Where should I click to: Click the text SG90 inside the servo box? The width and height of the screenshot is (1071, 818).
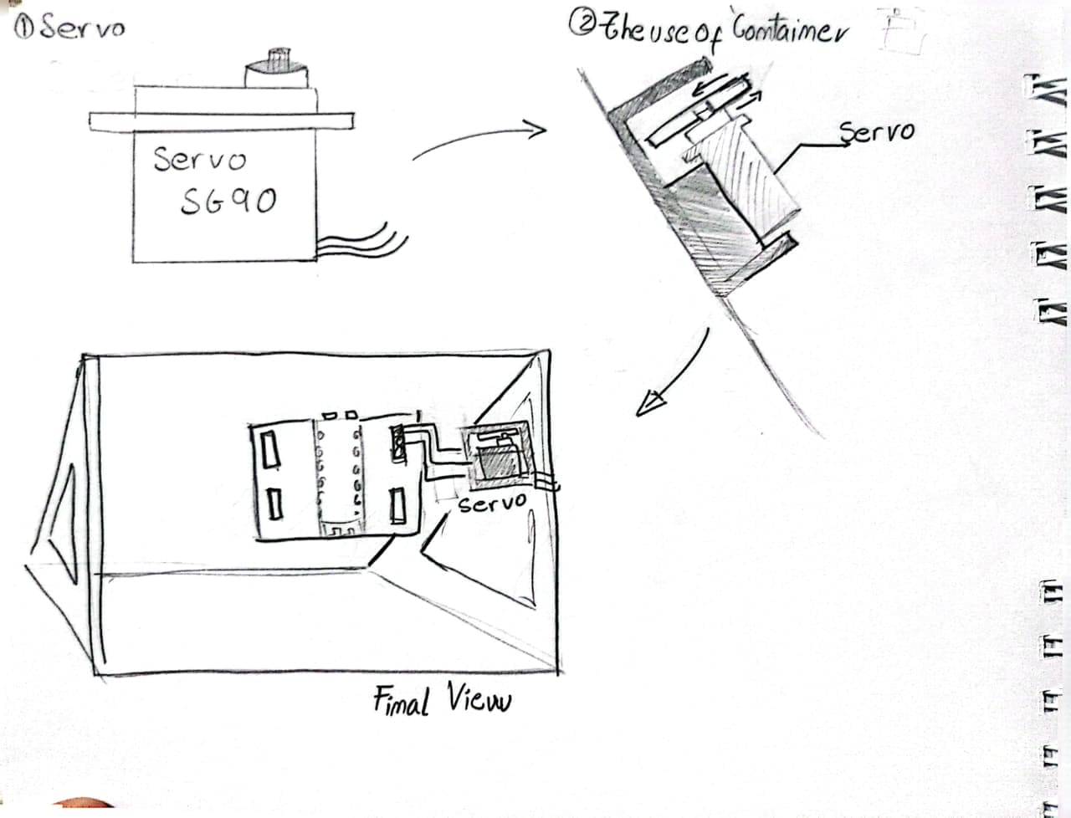click(x=228, y=200)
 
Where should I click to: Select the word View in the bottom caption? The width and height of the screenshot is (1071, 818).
click(x=477, y=699)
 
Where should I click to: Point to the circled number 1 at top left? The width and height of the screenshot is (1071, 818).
click(x=25, y=28)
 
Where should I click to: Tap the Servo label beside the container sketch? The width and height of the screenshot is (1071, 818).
click(x=876, y=131)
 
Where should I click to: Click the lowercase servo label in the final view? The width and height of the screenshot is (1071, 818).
click(x=493, y=503)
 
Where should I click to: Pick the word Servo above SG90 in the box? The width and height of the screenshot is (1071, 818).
click(x=200, y=159)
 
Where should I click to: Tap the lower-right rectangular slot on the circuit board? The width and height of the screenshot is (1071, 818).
click(x=399, y=506)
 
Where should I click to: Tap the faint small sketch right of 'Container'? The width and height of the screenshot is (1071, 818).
click(x=899, y=32)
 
